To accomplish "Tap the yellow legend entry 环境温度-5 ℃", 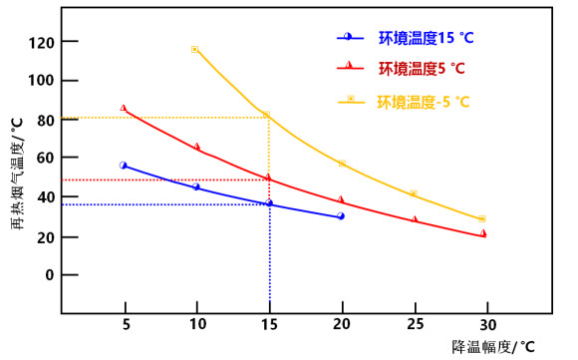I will pos(424,102).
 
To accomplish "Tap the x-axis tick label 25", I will pos(414,325).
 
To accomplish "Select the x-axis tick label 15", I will pos(269,325).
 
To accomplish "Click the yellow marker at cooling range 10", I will pos(195,49).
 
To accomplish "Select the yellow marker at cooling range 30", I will pos(482,218).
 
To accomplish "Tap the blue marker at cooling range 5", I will pos(124,166).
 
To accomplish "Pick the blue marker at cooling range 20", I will pos(341,215).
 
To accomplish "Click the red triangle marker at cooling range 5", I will pos(124,108).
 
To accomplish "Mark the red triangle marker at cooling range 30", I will pos(483,233).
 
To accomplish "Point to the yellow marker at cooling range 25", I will pos(414,193).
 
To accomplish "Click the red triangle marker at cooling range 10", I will pos(196,147).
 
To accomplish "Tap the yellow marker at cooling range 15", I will pos(266,115).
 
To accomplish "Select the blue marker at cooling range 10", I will pos(196,186).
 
